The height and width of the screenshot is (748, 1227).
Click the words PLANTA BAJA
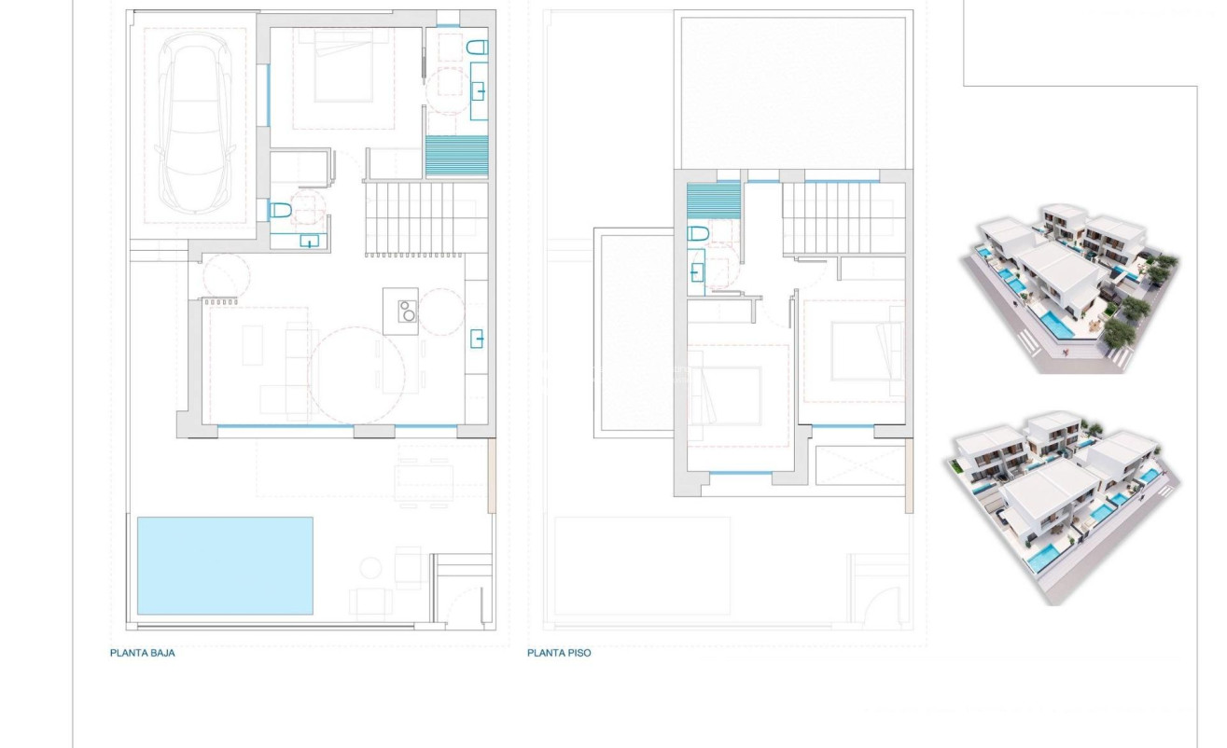click(142, 653)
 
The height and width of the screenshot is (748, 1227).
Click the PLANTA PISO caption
click(559, 653)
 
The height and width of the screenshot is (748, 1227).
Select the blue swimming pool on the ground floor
click(225, 565)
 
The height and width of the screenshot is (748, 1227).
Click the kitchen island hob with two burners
click(408, 311)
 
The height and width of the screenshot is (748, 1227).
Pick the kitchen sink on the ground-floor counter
click(477, 338)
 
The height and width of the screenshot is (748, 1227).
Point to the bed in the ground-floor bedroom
click(343, 71)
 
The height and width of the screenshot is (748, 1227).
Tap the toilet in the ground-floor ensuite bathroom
click(477, 48)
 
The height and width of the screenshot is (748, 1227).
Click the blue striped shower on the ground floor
click(457, 155)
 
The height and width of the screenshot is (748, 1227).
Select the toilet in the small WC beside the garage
click(280, 211)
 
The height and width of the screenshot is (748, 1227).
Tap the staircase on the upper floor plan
click(843, 218)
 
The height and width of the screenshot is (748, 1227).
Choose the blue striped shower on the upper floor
click(713, 201)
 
